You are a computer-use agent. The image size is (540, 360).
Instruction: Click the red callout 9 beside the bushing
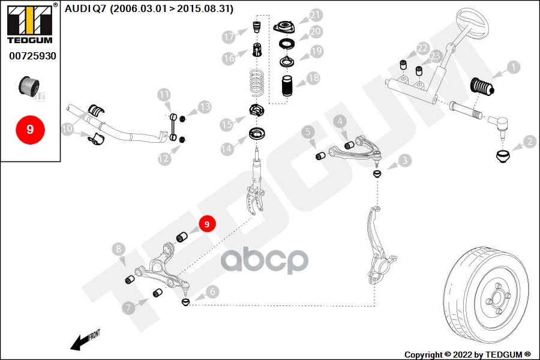pos(206,224)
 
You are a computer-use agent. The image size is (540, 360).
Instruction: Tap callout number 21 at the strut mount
pos(316,15)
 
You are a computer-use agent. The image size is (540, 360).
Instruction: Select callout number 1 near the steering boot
pos(513,67)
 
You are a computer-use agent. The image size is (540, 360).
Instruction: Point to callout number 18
pos(313,78)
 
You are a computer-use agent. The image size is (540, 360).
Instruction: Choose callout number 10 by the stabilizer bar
pos(67,128)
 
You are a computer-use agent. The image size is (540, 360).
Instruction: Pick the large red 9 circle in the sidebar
pos(30,129)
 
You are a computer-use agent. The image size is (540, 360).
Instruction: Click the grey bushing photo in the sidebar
pos(29,86)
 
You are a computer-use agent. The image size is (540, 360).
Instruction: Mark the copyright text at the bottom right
pos(467,354)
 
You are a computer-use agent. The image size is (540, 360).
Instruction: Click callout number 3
pos(406,160)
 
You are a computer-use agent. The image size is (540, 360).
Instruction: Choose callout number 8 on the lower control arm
pos(119,249)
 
